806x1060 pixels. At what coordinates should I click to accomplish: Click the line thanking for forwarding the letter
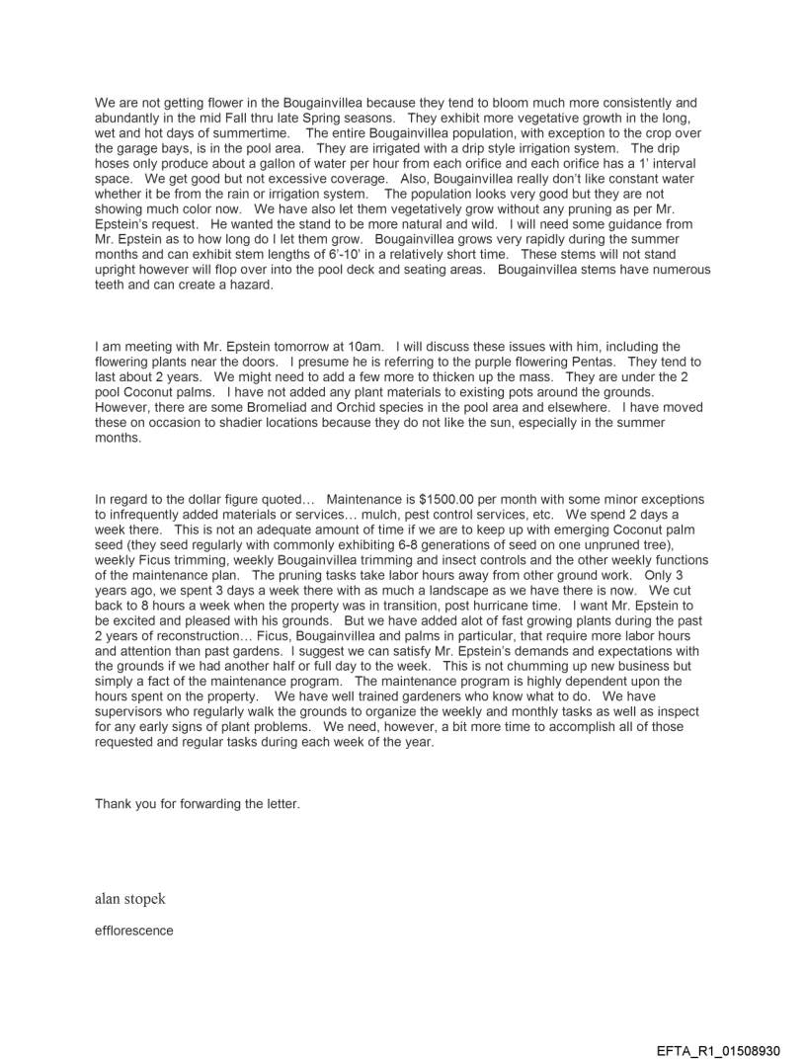pos(197,803)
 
